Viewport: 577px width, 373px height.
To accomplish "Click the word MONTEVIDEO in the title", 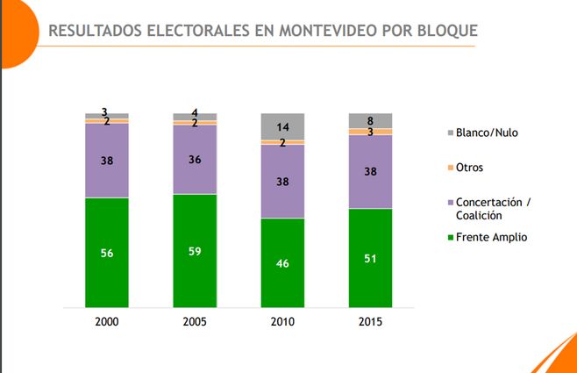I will (x=326, y=31).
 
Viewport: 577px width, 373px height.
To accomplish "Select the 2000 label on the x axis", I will (x=107, y=321).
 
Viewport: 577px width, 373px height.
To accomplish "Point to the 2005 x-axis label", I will (x=195, y=321).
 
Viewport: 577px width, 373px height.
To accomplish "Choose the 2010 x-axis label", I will (x=282, y=321).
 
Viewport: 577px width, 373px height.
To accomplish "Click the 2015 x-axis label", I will (x=370, y=321).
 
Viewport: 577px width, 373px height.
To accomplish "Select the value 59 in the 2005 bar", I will (x=195, y=250).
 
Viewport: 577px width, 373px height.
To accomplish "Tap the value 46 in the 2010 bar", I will (x=282, y=262).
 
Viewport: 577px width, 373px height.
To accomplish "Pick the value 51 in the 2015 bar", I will (x=370, y=258).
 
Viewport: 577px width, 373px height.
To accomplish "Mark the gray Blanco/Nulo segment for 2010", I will (x=282, y=126).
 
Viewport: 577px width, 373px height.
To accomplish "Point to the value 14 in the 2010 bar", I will (x=282, y=126).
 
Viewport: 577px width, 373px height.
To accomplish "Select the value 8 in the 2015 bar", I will (x=370, y=121).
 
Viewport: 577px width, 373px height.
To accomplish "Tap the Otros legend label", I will (x=469, y=168).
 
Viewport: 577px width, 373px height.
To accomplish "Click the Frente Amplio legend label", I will (x=493, y=237).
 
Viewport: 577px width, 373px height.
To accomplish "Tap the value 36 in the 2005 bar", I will (x=195, y=159).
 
